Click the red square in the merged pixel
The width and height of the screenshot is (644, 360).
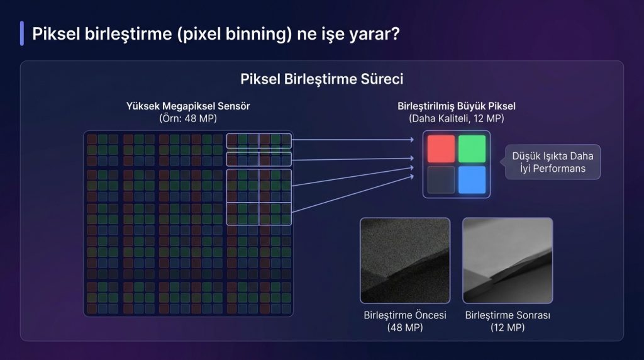(441, 149)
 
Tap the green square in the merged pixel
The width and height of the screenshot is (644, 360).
(472, 149)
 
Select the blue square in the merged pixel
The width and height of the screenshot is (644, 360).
(472, 179)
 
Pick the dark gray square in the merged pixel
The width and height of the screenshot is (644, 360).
(441, 179)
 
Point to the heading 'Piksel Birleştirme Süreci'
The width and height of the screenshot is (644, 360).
(321, 79)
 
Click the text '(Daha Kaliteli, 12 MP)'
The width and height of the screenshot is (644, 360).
(457, 118)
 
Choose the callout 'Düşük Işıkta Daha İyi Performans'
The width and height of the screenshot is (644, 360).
(553, 162)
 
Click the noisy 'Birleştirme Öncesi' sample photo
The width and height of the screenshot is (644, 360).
(405, 261)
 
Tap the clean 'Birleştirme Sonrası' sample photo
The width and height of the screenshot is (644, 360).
(508, 261)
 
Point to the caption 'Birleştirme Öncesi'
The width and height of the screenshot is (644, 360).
(405, 315)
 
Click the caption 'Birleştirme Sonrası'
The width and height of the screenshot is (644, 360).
(508, 315)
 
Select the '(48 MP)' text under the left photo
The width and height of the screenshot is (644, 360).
(405, 327)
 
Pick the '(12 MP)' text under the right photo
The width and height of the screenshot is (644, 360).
(508, 327)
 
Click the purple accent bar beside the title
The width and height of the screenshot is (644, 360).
(22, 33)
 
